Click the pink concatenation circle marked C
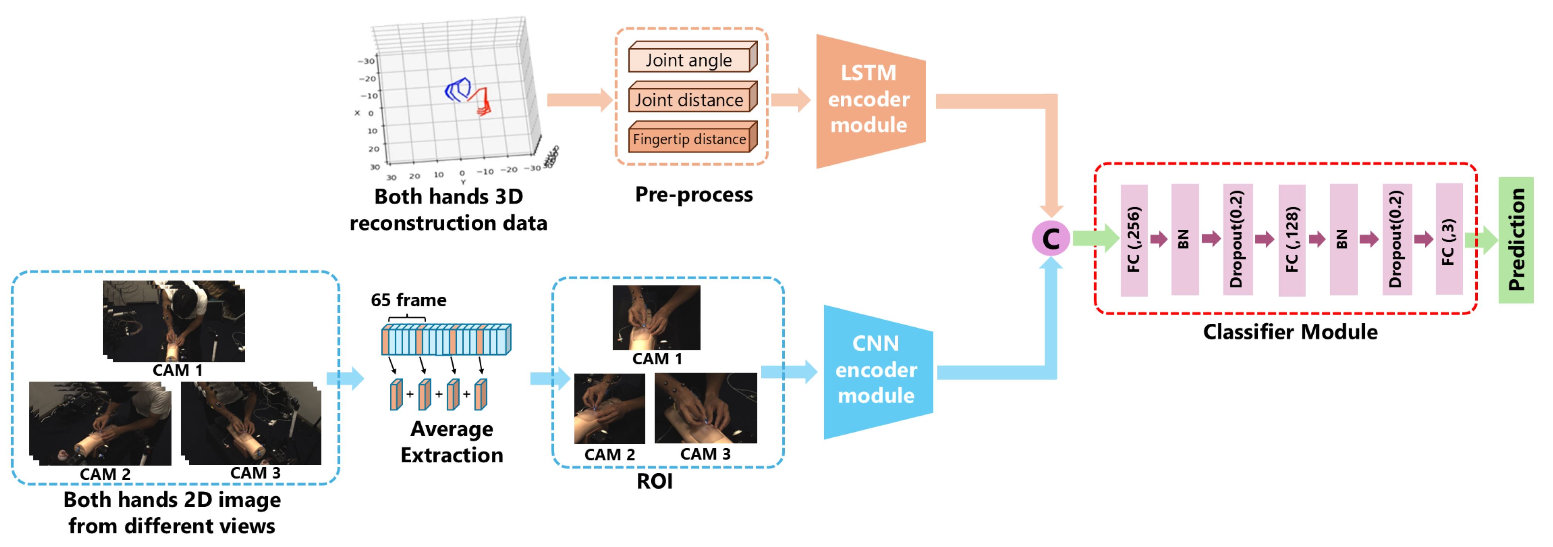[x=1050, y=238]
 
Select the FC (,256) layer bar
[x=1133, y=240]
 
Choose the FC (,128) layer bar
[x=1291, y=240]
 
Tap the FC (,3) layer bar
[x=1449, y=240]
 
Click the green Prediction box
[x=1516, y=240]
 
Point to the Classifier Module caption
[x=1290, y=332]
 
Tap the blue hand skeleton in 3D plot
[x=457, y=90]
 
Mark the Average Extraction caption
[x=452, y=442]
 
